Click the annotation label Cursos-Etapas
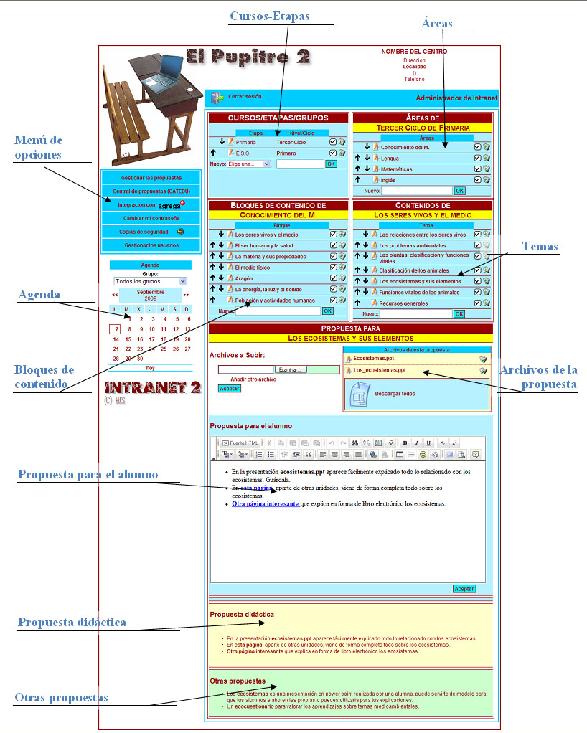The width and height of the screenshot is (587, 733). coord(270,16)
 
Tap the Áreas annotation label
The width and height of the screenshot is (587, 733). coord(437,24)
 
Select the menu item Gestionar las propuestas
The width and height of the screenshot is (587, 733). coord(151,177)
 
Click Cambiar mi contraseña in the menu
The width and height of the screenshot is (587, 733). coord(151,217)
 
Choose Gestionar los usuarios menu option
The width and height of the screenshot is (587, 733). coord(151,245)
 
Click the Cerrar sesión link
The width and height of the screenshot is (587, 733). coord(245,96)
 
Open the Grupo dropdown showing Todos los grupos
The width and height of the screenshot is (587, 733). coord(150,282)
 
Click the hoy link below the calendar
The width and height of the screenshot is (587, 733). coord(150,368)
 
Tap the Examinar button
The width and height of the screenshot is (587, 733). coord(291,369)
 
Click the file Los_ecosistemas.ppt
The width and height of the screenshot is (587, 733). coord(380,371)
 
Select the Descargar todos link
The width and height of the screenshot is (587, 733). coord(395,394)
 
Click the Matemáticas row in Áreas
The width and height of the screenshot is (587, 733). coord(396,169)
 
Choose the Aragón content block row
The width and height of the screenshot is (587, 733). coord(245,278)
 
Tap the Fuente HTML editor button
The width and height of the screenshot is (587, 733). coord(239,443)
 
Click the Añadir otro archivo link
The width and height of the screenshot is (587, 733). coord(253,379)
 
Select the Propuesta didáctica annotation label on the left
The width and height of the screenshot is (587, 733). coord(72,623)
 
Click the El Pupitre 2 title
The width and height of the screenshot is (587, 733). coord(248,57)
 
